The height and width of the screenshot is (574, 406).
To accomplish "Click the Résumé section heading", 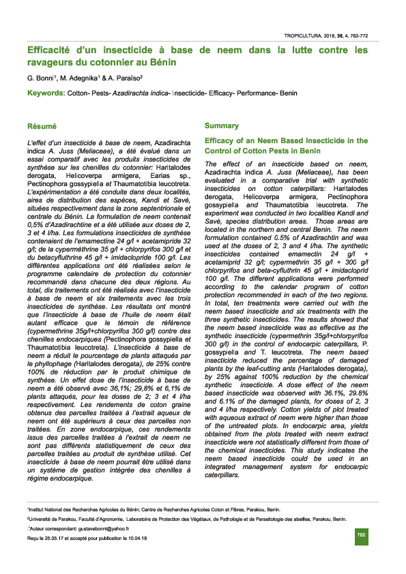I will tap(42, 126).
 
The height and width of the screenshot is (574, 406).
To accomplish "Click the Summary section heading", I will tap(222, 126).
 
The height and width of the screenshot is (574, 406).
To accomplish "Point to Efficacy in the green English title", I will tap(222, 140).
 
